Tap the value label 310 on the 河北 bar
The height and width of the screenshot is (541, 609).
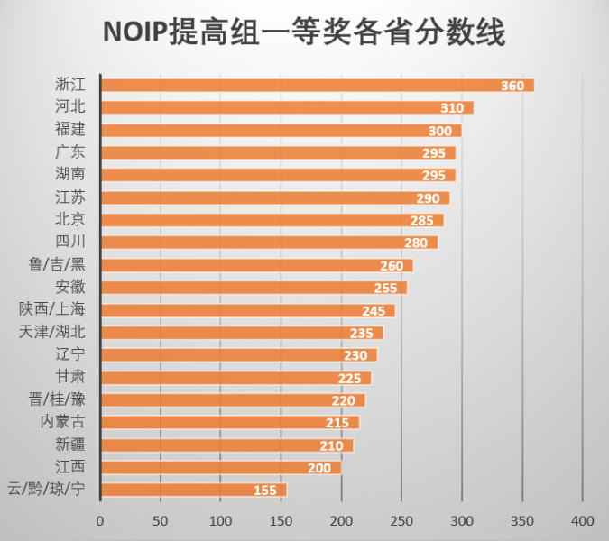(452, 108)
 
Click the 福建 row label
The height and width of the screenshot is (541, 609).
(69, 130)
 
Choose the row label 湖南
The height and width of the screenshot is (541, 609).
(69, 174)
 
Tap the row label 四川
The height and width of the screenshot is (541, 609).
(69, 242)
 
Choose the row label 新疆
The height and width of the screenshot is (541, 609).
(69, 445)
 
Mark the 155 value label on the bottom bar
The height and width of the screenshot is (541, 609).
(265, 491)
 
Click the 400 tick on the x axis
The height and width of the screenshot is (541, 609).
(583, 521)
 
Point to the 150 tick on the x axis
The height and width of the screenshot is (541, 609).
(281, 521)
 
